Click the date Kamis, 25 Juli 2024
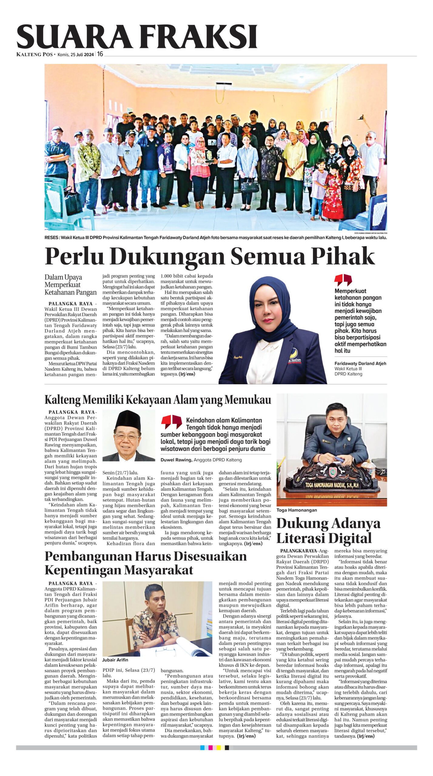76,55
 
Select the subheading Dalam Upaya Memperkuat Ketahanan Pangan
70,285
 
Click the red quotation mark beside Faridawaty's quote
343,280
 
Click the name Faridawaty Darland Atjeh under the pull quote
360,363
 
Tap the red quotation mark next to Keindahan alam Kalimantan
171,422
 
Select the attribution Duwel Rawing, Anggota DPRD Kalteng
201,460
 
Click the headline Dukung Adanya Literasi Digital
328,531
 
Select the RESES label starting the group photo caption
52,238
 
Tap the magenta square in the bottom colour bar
214,748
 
